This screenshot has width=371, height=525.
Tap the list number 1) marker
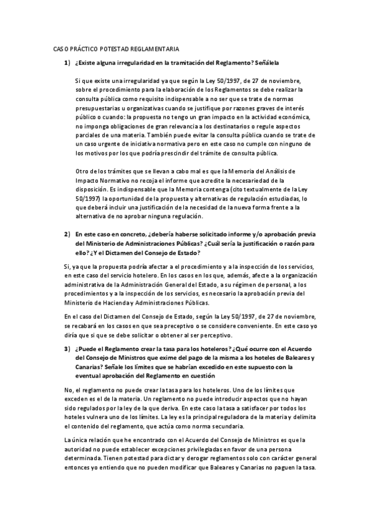tap(66, 63)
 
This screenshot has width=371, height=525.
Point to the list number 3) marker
tap(66, 349)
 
